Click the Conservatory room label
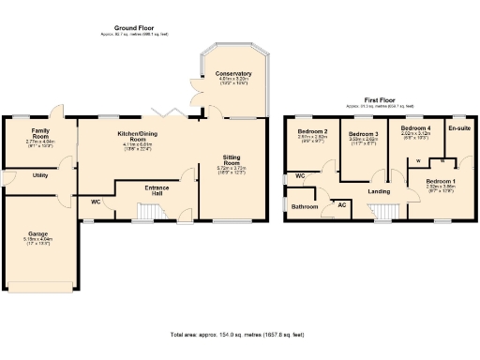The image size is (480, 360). (232, 73)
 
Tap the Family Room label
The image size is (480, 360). (39, 131)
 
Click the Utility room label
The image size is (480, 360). (40, 175)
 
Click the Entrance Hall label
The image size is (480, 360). (157, 190)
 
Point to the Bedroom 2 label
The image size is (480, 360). (312, 130)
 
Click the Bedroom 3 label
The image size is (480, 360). (362, 135)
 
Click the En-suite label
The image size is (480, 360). (459, 127)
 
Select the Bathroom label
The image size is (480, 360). (303, 206)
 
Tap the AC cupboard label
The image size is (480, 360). (341, 204)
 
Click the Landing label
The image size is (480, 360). (379, 192)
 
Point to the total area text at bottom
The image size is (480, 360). (240, 334)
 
